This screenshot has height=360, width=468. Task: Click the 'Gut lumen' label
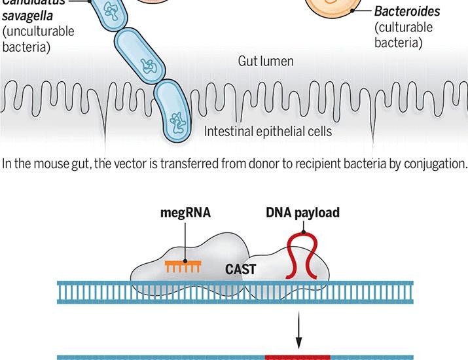265,62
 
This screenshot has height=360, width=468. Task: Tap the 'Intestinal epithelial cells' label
268,132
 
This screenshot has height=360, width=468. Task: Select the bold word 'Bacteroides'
407,12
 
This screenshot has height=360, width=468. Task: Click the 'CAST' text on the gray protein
242,269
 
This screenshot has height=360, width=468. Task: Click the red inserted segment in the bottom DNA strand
297,357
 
